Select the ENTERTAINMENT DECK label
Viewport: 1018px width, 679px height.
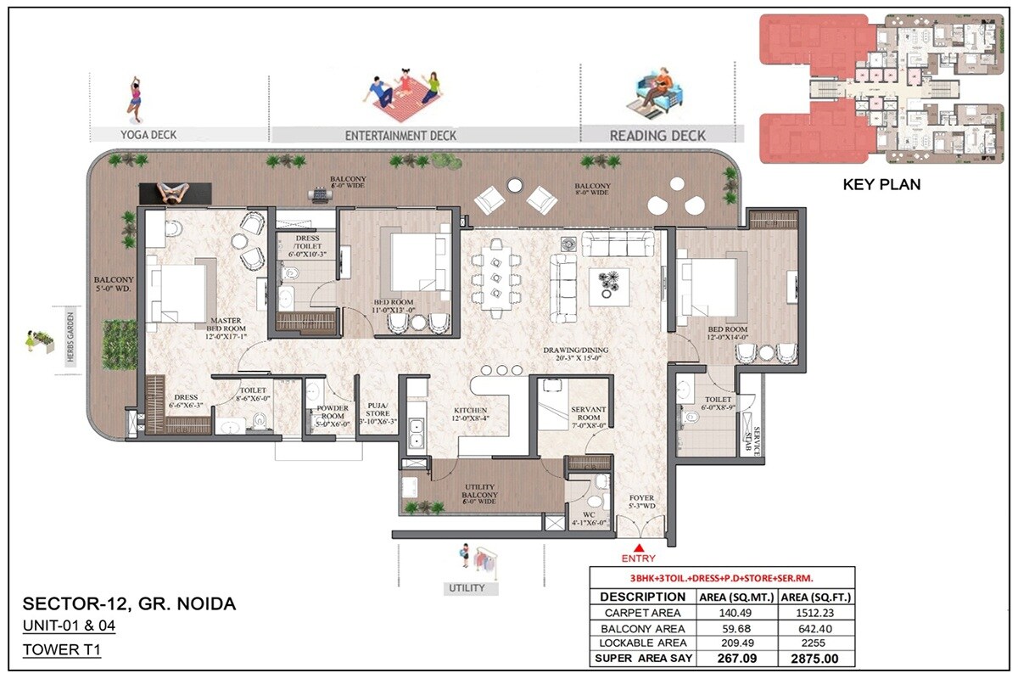point(400,135)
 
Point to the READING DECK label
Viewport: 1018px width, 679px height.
point(657,135)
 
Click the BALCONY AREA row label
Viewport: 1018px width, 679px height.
point(642,628)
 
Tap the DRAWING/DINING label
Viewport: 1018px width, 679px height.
point(576,355)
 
